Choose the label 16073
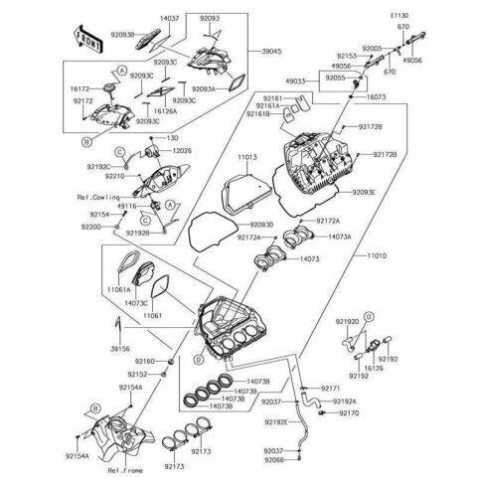point(376,99)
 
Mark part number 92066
point(274,461)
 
